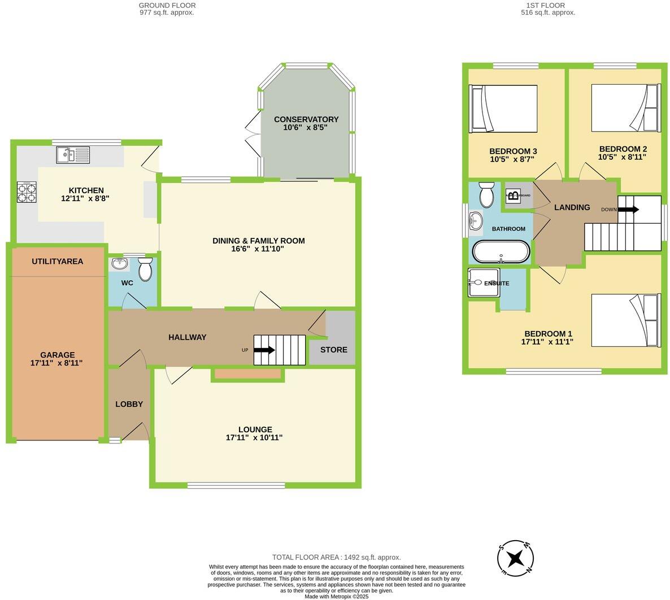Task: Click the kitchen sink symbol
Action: click(x=73, y=154)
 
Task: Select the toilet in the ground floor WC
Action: click(x=145, y=269)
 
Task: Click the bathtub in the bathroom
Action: click(x=501, y=252)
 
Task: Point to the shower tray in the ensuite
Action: click(x=484, y=282)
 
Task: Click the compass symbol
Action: click(x=515, y=558)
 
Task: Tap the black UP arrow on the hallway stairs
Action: click(x=264, y=350)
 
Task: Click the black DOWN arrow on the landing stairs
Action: click(x=628, y=210)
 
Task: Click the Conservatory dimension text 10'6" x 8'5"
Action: click(x=306, y=128)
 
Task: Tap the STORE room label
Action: click(x=333, y=350)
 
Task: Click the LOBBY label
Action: click(x=129, y=404)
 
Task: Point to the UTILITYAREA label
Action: click(x=57, y=262)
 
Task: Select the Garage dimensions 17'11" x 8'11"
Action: click(x=56, y=363)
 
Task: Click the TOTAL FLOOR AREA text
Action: click(x=336, y=557)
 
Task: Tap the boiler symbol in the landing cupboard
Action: click(x=513, y=196)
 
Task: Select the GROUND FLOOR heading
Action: click(x=167, y=5)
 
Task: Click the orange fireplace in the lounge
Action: click(x=247, y=373)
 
